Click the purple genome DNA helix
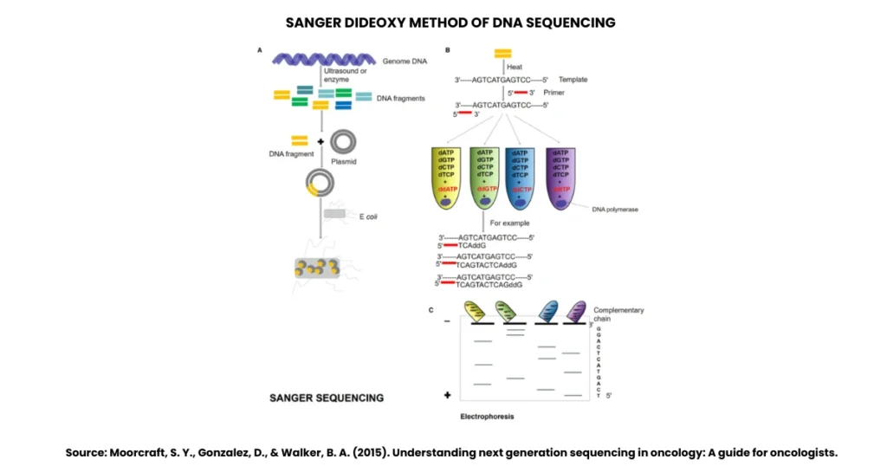(x=322, y=59)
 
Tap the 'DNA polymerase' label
(x=615, y=209)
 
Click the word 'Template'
(x=573, y=80)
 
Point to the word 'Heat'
(x=515, y=67)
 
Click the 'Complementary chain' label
(x=618, y=314)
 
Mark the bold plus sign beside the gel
(x=448, y=395)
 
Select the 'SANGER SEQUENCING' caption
(x=326, y=398)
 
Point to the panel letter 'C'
(x=431, y=308)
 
